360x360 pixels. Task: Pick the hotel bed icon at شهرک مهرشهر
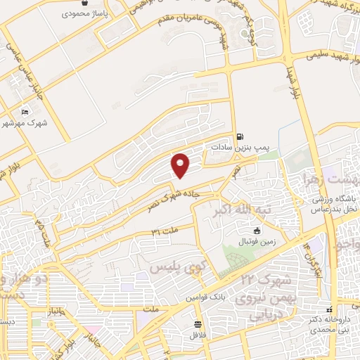tap(26, 112)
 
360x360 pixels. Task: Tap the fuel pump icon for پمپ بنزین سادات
tap(240, 136)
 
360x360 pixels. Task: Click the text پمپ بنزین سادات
tap(231, 148)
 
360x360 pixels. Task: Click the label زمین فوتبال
tap(257, 240)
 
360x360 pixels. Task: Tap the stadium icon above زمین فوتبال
tap(257, 230)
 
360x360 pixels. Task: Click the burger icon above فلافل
tap(199, 325)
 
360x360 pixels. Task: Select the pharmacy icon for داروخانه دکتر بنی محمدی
tap(326, 308)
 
